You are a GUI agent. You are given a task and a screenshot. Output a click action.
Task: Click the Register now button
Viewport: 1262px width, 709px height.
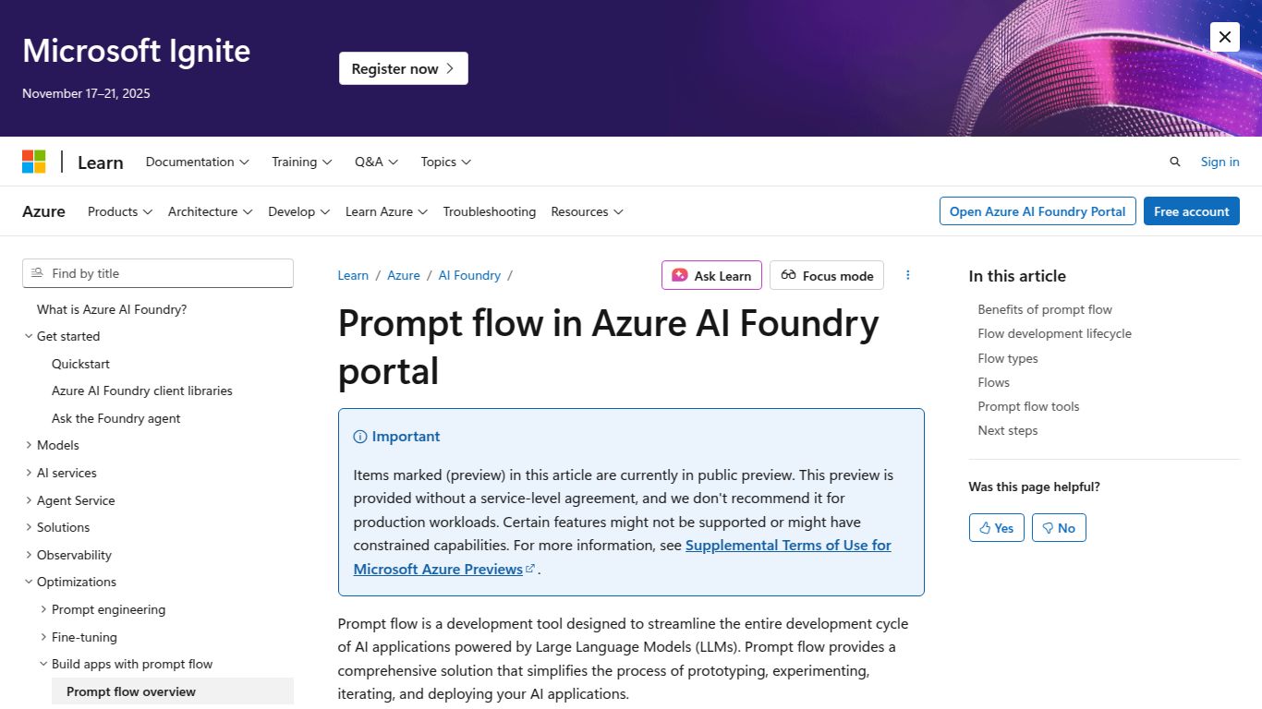point(403,68)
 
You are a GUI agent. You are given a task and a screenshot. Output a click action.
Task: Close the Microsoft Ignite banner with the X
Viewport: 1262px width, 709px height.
point(1224,37)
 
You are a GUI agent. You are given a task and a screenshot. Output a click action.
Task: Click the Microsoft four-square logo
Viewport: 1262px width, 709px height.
point(34,162)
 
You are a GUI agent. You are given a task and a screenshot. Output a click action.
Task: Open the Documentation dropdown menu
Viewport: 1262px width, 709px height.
point(197,162)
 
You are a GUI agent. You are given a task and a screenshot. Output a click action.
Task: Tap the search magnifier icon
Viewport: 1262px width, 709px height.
point(1175,162)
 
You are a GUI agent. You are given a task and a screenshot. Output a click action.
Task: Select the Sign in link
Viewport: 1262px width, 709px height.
point(1220,162)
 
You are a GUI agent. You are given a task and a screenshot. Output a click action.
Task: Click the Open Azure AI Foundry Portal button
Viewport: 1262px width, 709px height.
point(1037,211)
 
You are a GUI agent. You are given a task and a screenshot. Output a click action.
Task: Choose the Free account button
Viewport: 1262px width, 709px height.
point(1191,211)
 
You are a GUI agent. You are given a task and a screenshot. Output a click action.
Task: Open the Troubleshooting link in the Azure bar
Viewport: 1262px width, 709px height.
point(489,211)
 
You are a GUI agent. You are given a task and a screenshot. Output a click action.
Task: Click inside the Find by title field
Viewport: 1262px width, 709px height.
point(166,273)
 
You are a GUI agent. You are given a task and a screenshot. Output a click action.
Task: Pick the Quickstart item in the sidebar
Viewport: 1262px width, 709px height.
point(80,364)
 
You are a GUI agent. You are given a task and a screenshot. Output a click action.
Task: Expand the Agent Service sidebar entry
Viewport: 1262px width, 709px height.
point(76,500)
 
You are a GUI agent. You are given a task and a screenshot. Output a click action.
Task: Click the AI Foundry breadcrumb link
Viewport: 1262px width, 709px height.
point(469,275)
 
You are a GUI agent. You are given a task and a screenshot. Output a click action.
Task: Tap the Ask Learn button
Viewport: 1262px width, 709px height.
point(711,275)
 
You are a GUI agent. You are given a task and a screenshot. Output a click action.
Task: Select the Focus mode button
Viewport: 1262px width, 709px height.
point(826,275)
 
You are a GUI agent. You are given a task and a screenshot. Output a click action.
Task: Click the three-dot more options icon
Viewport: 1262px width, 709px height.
point(908,275)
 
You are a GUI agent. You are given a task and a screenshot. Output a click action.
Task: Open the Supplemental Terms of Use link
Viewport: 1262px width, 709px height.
point(788,546)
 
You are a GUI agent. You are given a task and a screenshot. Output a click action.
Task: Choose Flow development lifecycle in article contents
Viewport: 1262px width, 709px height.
point(1054,333)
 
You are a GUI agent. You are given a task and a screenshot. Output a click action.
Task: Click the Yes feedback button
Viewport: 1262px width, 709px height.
point(996,528)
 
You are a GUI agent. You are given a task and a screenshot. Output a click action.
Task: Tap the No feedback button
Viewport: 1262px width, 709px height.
point(1059,528)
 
